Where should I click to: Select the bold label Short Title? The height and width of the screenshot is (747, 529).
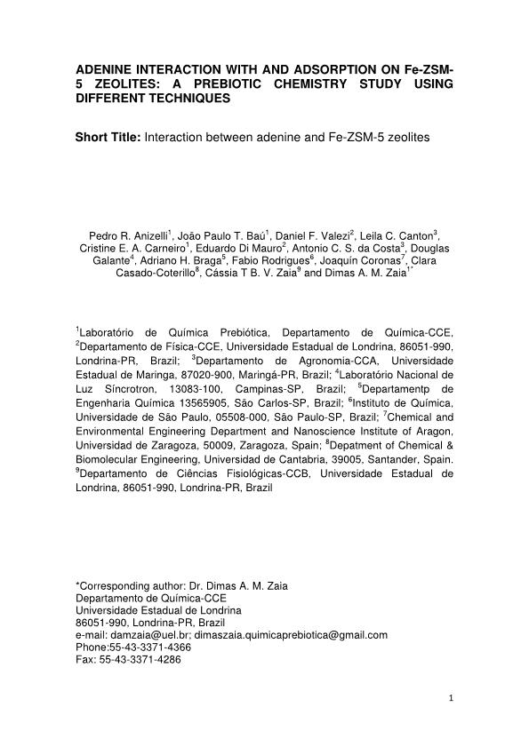(108, 139)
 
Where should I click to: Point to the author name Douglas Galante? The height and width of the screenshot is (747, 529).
(425, 249)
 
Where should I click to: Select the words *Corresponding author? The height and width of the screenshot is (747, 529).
(125, 585)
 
